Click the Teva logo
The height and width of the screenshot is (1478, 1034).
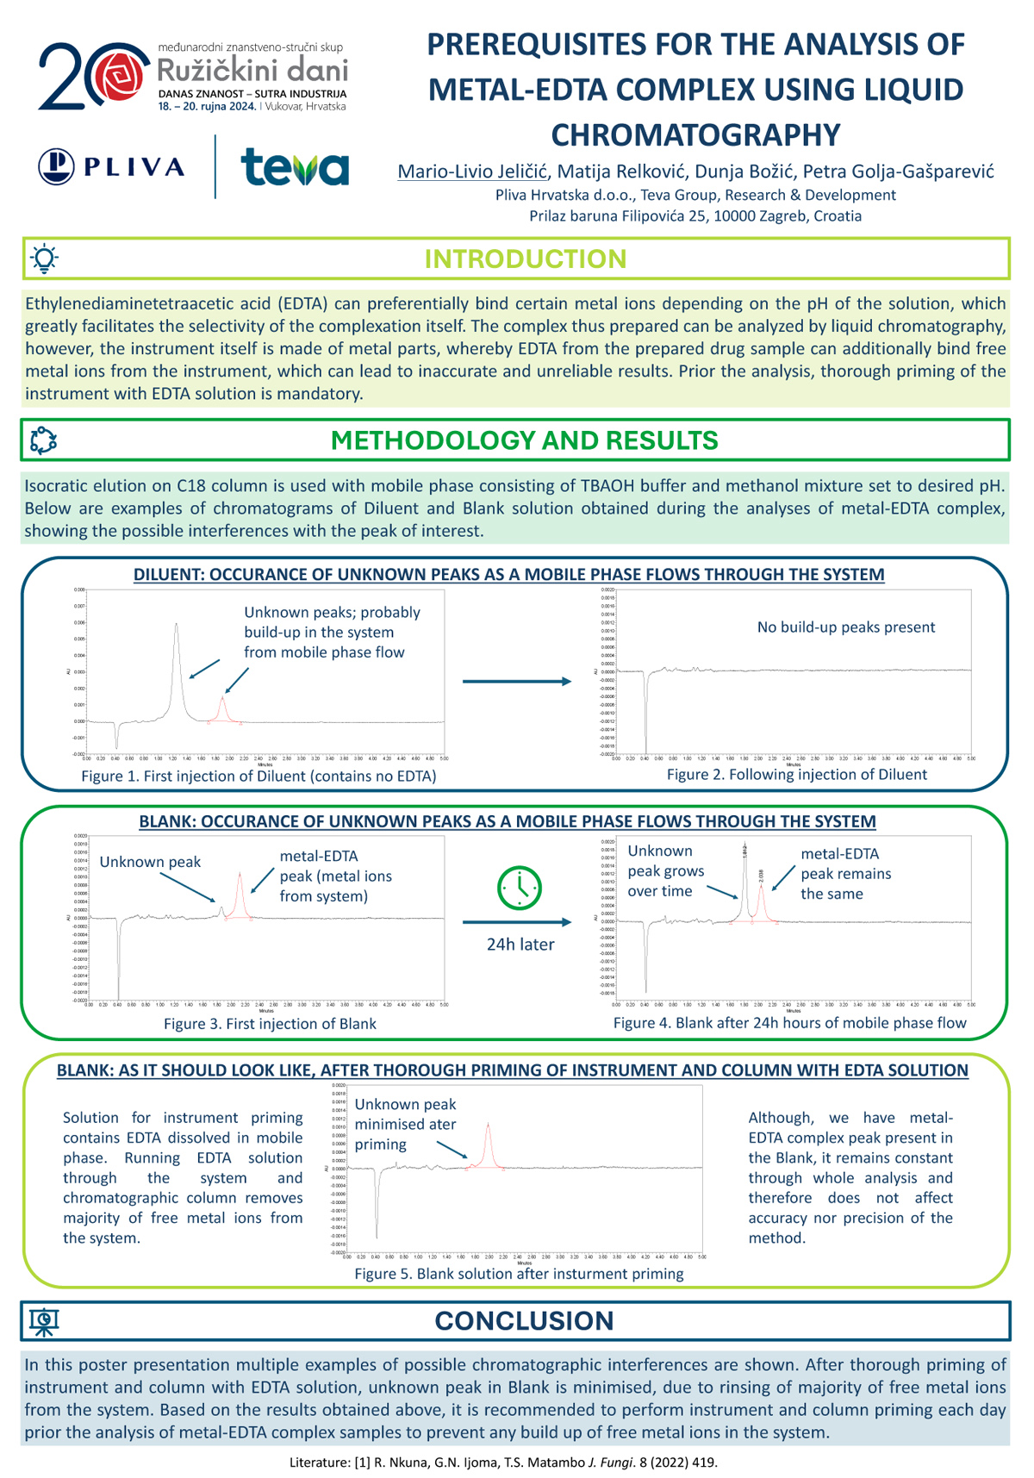(x=295, y=167)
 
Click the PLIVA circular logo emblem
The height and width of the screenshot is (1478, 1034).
(x=57, y=166)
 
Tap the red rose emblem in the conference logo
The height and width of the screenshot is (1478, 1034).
(x=119, y=76)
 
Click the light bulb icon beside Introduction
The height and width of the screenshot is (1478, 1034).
(x=44, y=259)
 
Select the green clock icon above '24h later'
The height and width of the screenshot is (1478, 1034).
(x=520, y=887)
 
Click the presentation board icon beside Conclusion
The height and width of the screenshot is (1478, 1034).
(x=44, y=1321)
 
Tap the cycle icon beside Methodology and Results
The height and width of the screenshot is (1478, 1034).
(x=44, y=440)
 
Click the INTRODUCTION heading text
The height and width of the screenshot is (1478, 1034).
(x=525, y=259)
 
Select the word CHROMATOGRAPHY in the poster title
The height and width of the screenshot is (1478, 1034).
(x=695, y=135)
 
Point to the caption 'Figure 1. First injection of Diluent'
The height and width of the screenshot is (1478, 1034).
(x=258, y=776)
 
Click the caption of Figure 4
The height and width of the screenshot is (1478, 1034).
(x=789, y=1023)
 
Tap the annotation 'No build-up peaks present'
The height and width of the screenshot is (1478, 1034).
(x=845, y=627)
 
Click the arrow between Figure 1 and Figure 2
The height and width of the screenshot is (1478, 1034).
(x=517, y=682)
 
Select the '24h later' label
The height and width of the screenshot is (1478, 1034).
(x=520, y=945)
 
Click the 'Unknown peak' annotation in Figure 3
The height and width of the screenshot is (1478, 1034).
(x=150, y=862)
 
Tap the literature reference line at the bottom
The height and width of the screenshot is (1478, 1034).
(x=503, y=1462)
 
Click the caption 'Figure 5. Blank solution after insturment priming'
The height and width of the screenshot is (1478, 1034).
(x=519, y=1274)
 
